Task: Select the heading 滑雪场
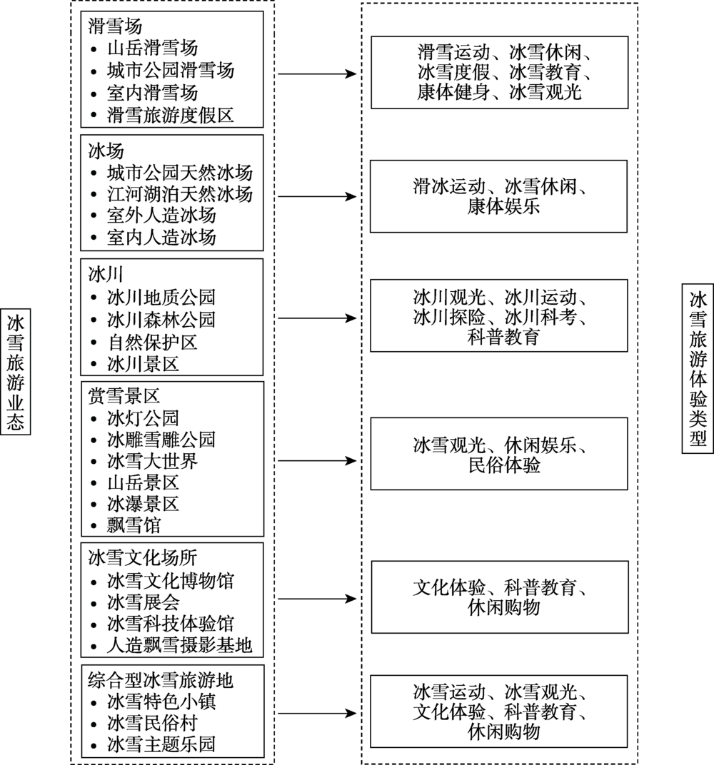[x=105, y=27]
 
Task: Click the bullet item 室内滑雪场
[x=152, y=93]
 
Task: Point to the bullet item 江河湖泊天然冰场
[x=179, y=193]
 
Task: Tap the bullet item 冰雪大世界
[x=152, y=461]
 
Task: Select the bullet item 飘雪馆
[x=134, y=526]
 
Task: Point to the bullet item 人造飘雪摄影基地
[x=179, y=646]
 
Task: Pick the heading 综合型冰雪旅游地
[x=160, y=679]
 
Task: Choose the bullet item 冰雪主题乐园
[x=161, y=746]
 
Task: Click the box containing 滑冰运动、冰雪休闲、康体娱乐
[x=498, y=196]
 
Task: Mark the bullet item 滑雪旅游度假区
[x=170, y=115]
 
